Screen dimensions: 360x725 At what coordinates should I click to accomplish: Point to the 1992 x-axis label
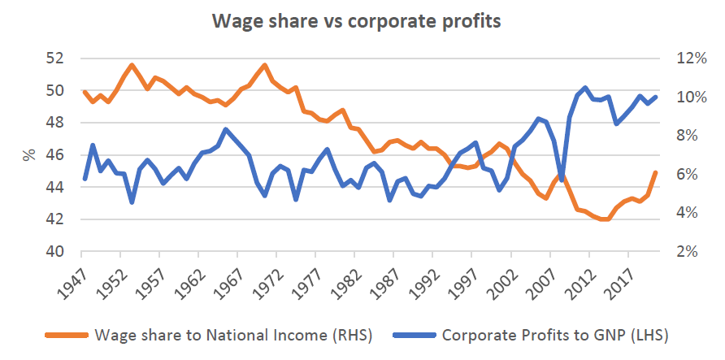click(x=433, y=280)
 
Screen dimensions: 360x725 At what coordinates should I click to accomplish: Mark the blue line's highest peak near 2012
click(x=585, y=87)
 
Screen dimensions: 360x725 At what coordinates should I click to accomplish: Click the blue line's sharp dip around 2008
click(x=562, y=179)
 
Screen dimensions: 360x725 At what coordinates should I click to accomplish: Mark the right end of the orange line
click(x=655, y=172)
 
